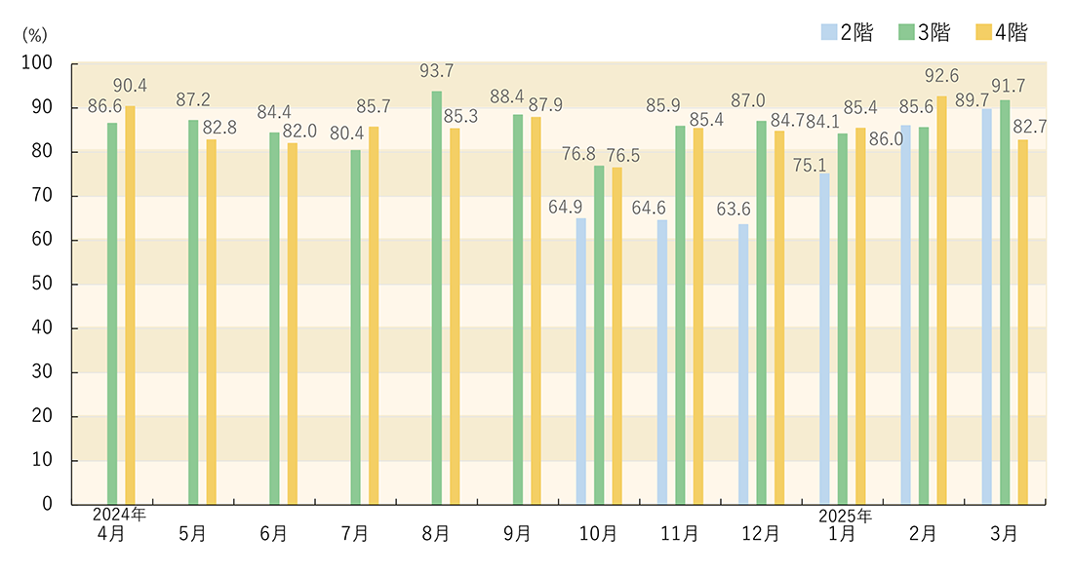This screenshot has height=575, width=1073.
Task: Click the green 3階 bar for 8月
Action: coord(436,297)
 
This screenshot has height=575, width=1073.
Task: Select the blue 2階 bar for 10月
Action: coord(581,361)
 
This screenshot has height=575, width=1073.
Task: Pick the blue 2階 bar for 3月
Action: coord(987,306)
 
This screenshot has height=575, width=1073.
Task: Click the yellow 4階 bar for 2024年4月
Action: coord(130,305)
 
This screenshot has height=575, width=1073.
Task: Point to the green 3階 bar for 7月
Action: coord(355,326)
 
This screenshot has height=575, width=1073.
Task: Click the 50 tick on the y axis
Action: coord(44,285)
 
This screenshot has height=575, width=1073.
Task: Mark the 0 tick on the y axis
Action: coord(48,505)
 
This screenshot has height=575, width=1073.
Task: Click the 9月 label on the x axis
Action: coord(517,534)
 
